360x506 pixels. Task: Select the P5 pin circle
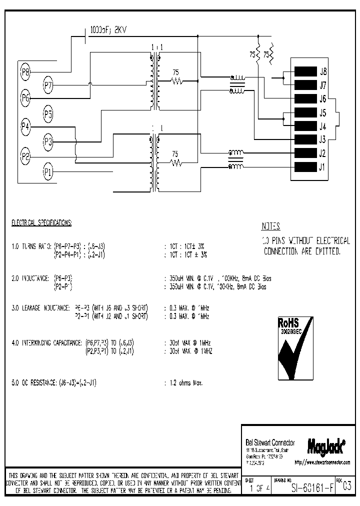tap(48, 114)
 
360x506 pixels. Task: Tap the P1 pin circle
tap(48, 172)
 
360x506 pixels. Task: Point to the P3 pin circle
tap(48, 142)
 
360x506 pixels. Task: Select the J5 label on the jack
tap(323, 112)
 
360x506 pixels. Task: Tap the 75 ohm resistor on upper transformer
tap(175, 80)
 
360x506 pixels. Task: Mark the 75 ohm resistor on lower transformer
tap(175, 162)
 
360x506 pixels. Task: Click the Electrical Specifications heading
tap(41, 222)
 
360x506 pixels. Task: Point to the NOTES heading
tap(270, 226)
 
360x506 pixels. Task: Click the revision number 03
tap(347, 485)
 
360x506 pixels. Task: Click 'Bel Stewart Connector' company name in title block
tap(270, 443)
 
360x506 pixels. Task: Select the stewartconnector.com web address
tap(322, 462)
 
